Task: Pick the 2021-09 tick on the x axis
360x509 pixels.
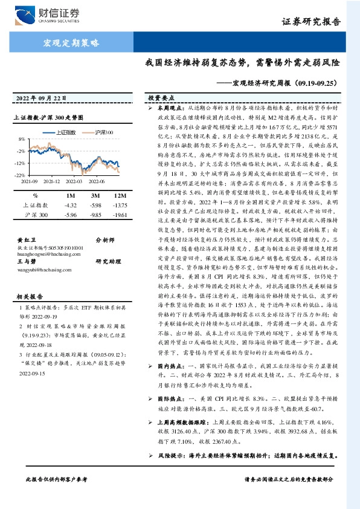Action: pos(30,180)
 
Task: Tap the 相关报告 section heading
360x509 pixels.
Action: pos(28,297)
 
